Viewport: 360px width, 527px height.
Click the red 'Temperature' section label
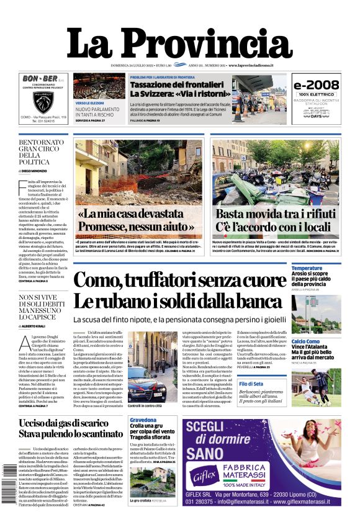click(307, 268)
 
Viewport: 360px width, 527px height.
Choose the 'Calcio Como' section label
click(306, 341)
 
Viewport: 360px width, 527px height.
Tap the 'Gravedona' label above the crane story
click(143, 421)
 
